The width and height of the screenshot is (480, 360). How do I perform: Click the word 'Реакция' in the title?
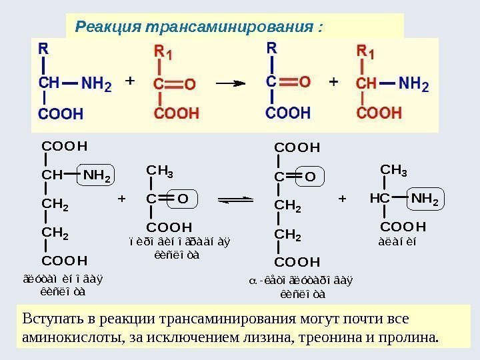(102, 28)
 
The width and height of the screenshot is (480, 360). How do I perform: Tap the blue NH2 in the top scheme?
(96, 85)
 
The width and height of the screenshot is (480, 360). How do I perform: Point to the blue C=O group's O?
(304, 82)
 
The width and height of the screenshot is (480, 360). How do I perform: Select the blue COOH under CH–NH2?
(60, 114)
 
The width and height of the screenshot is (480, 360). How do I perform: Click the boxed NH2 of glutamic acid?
(96, 176)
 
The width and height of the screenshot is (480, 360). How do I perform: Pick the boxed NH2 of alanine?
(425, 199)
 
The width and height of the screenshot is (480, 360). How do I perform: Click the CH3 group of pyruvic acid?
(160, 173)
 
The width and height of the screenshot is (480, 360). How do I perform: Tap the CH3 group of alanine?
(393, 171)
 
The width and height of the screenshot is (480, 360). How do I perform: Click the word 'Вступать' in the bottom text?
(49, 318)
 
